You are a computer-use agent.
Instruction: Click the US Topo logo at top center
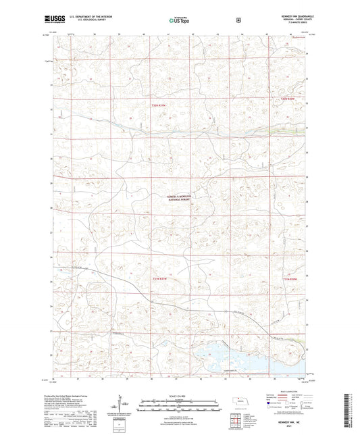coord(180,21)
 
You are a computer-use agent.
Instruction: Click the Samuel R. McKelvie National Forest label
coord(179,198)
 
